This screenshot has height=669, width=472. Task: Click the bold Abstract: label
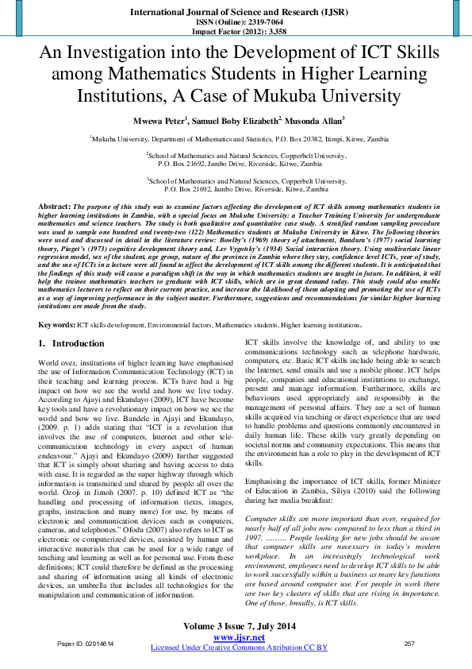click(x=55, y=206)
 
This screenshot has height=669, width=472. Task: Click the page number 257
click(x=409, y=643)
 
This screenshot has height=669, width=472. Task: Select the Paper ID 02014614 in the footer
click(x=86, y=643)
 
